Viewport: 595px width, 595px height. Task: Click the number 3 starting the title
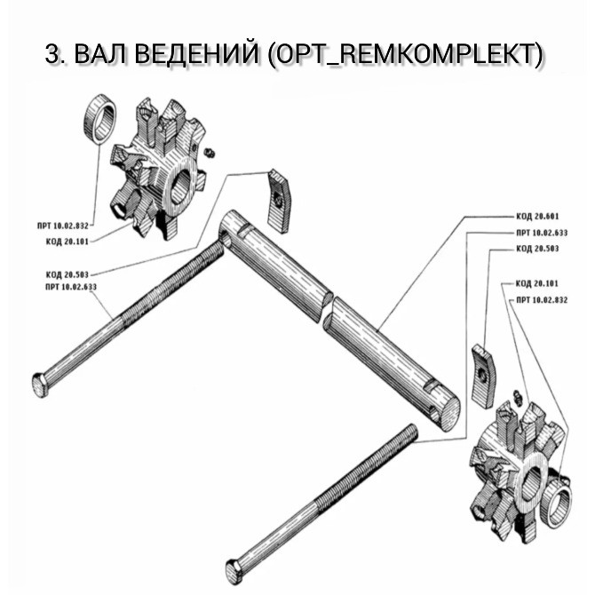(52, 55)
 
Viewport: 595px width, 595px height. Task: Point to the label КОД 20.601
(537, 217)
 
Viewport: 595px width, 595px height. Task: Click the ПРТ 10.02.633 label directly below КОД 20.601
(537, 233)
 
